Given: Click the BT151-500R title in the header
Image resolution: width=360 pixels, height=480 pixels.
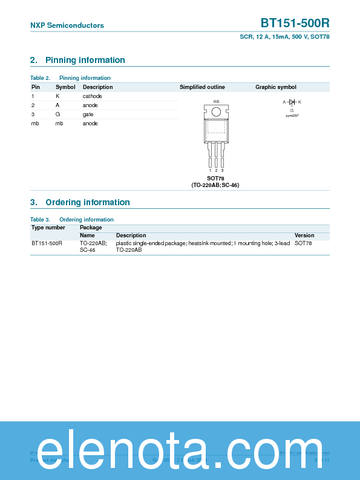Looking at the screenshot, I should (x=295, y=24).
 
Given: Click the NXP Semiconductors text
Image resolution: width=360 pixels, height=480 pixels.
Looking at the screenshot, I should (x=67, y=25).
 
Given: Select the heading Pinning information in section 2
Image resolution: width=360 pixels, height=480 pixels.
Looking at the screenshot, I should (x=85, y=60).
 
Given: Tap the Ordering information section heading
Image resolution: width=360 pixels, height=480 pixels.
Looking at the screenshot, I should (x=87, y=202).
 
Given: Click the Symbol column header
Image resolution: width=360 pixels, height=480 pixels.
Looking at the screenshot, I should (x=65, y=87).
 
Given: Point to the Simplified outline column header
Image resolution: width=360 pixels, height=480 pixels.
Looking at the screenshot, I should (x=202, y=87).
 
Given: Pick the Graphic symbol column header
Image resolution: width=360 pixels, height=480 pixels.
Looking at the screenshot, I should (x=276, y=87).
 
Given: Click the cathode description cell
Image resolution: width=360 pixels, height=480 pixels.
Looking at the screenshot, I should (x=93, y=96).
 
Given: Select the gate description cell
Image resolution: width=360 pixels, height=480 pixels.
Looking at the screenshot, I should (x=88, y=114).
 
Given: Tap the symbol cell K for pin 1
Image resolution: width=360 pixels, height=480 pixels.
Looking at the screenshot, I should (x=57, y=96).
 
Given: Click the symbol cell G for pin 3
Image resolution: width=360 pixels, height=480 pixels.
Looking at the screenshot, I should (x=58, y=114).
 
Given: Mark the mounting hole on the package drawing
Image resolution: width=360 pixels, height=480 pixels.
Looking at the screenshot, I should (x=216, y=111).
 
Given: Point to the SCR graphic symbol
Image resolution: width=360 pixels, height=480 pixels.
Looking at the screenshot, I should (x=292, y=102).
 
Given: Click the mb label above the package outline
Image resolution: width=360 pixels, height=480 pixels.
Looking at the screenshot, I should (x=216, y=101).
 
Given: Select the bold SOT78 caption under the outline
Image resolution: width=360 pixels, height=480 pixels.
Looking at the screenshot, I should (x=215, y=179).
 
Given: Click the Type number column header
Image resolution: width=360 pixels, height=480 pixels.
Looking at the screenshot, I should (x=48, y=228).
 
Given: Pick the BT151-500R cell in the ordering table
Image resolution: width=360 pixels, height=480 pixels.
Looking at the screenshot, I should (x=47, y=243).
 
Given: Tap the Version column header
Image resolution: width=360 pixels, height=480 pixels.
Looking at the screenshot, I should (x=304, y=235).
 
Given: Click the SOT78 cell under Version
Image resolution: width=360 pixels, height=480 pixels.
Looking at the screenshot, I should (x=303, y=243).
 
